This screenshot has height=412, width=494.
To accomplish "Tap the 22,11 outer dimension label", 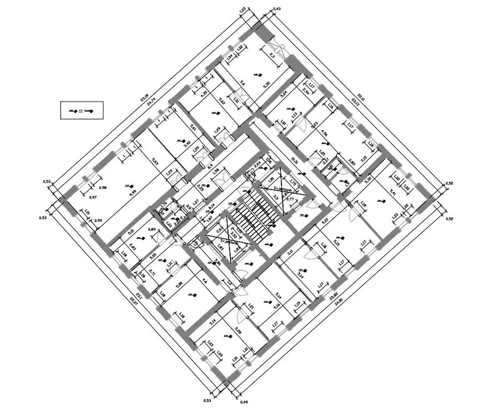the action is (361, 97).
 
